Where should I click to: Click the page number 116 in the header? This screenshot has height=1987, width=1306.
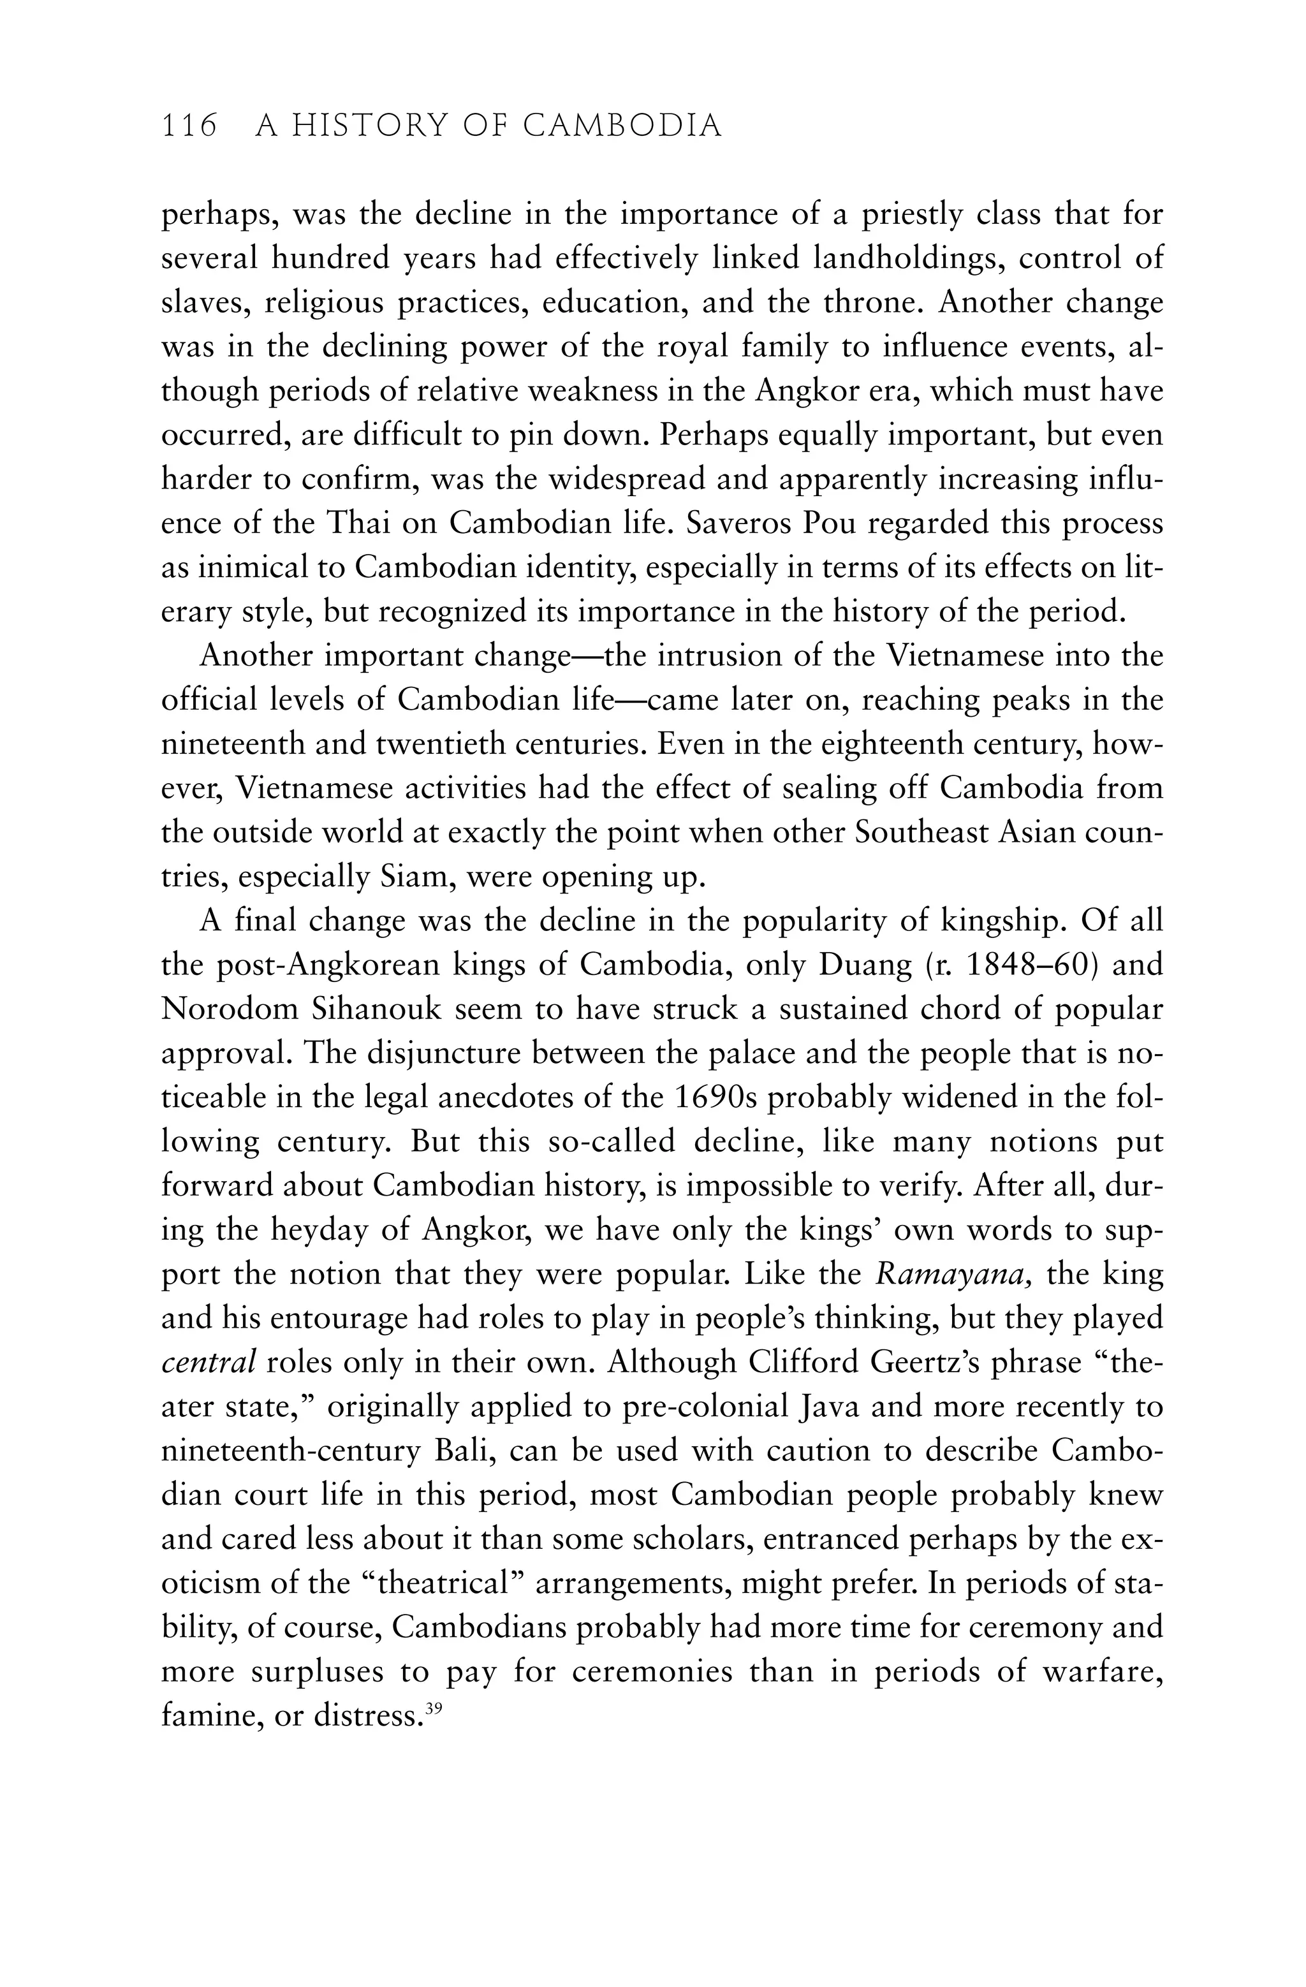click(x=189, y=126)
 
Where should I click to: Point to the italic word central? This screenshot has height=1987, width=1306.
click(x=208, y=1363)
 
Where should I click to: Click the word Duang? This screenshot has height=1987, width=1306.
click(x=866, y=965)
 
